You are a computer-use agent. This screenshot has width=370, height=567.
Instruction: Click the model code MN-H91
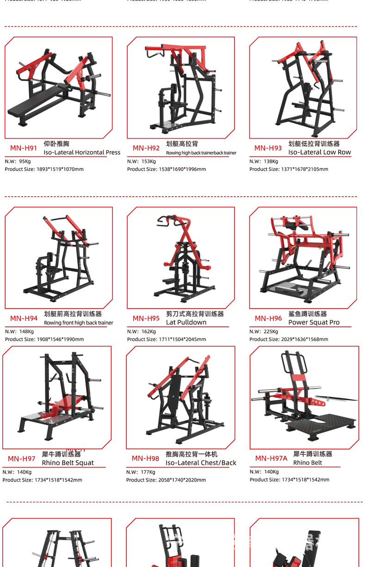click(x=24, y=148)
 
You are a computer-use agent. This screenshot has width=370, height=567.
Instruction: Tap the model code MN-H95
click(x=146, y=319)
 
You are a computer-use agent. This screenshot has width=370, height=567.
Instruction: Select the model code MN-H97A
click(x=271, y=458)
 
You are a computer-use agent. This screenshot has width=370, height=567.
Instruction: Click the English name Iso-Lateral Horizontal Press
click(x=82, y=152)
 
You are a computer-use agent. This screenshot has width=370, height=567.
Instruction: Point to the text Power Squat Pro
click(x=314, y=322)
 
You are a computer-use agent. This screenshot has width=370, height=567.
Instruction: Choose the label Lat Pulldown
click(x=186, y=322)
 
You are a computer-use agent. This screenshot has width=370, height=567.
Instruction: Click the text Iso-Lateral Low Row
click(x=319, y=152)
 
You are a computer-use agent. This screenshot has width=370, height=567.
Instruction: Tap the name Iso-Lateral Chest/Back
click(x=201, y=463)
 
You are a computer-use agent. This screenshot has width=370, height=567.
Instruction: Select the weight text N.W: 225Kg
click(x=264, y=332)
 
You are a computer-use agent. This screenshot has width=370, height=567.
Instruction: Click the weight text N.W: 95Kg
click(x=18, y=161)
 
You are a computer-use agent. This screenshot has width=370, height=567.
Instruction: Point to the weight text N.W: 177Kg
click(x=141, y=472)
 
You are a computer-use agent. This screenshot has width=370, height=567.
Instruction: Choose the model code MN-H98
click(x=145, y=458)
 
